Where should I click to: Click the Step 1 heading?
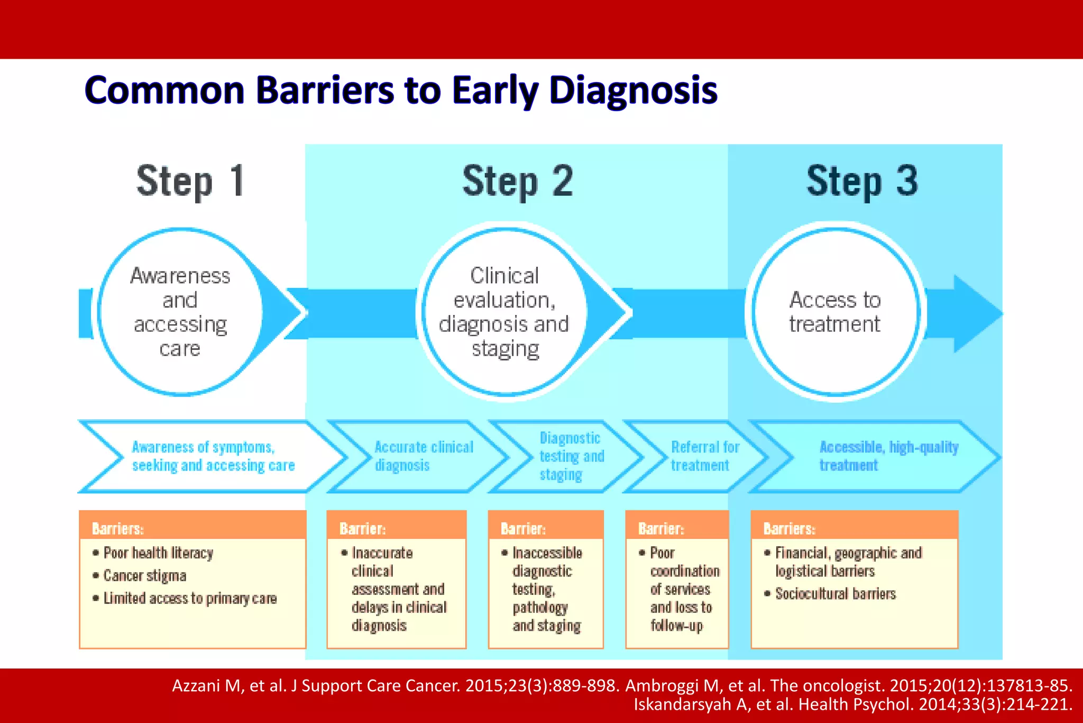[x=190, y=181]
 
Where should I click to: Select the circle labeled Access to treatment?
[x=834, y=312]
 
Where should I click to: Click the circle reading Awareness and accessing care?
[x=180, y=312]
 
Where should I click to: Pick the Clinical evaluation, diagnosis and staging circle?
[x=504, y=312]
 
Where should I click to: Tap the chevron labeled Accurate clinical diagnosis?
[x=423, y=456]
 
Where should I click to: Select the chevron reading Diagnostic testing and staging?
[x=570, y=456]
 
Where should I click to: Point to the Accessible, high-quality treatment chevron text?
[x=888, y=456]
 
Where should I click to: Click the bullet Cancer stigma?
[x=144, y=575]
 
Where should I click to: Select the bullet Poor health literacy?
[x=158, y=553]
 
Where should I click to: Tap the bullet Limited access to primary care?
[x=189, y=598]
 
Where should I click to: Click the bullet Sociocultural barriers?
[x=835, y=594]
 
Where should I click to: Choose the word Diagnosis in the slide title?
[x=633, y=90]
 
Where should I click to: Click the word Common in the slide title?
[x=164, y=90]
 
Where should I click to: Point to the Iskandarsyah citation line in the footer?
[x=852, y=704]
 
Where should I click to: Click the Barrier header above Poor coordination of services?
[x=661, y=528]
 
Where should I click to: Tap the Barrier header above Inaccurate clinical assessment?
[x=362, y=528]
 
